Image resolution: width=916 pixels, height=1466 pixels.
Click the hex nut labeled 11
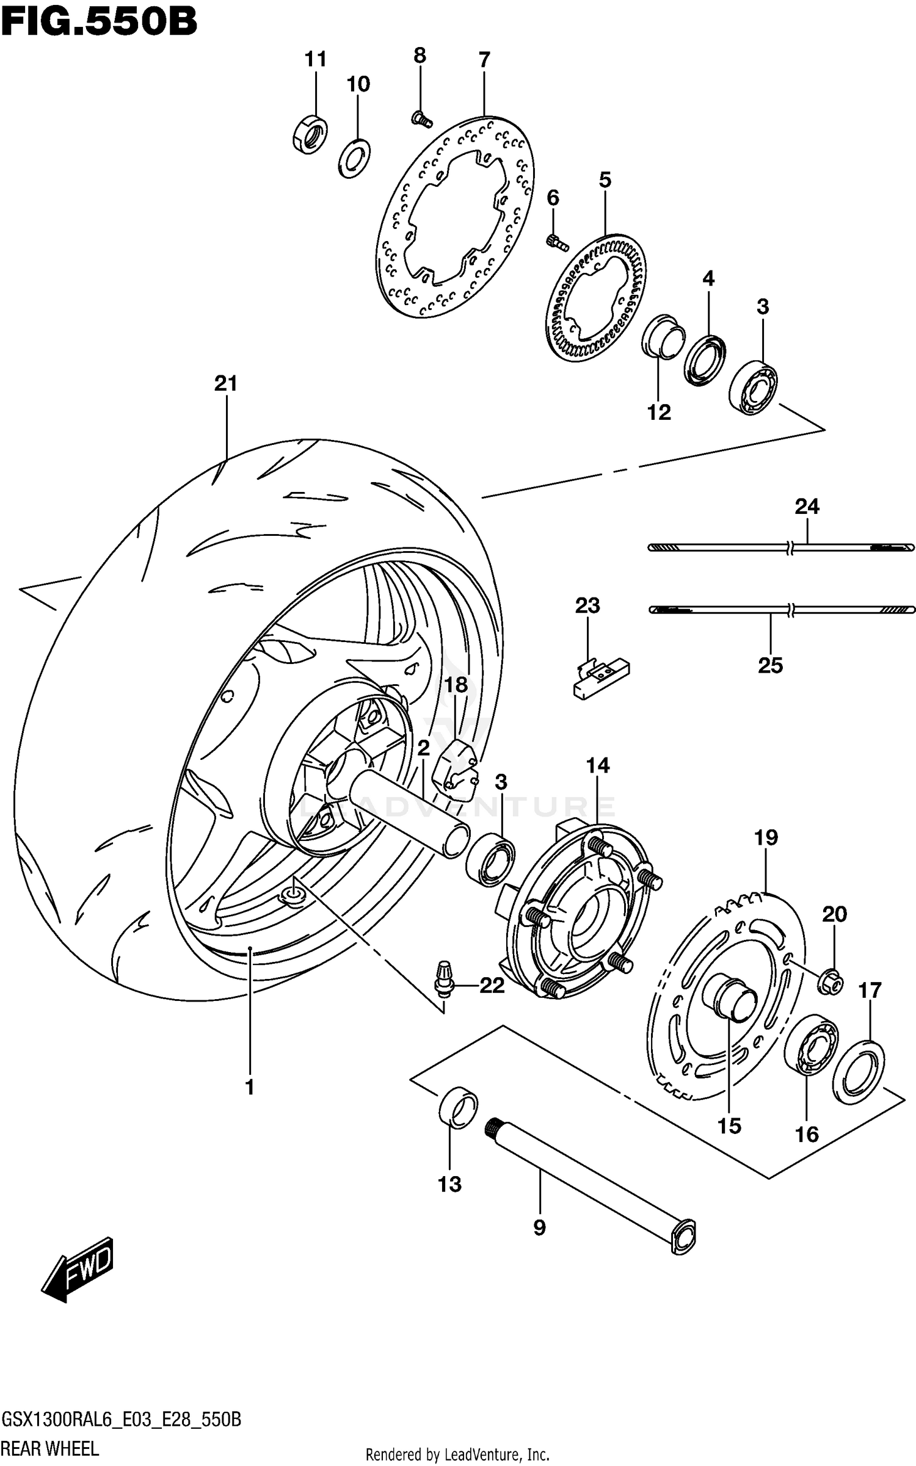[x=309, y=133]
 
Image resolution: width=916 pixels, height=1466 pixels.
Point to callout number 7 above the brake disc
[x=484, y=60]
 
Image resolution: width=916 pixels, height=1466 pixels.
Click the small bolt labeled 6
[x=556, y=242]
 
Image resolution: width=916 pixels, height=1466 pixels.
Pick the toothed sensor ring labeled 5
[x=595, y=295]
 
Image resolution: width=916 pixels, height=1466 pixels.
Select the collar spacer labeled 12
[x=663, y=338]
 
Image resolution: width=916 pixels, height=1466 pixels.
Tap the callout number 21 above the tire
[x=225, y=383]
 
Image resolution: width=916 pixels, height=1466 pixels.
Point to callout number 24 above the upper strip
[x=807, y=506]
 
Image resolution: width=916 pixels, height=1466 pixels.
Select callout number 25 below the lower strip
[x=770, y=665]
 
